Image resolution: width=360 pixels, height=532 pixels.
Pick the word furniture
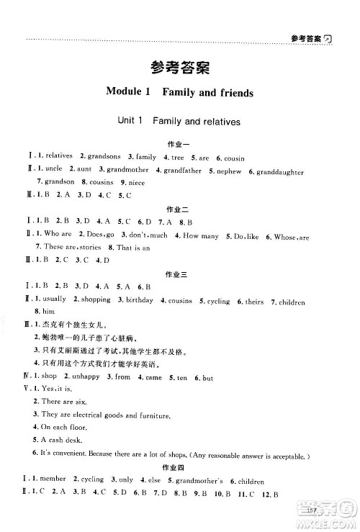(x=151, y=415)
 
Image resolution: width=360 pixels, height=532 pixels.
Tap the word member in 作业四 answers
(x=51, y=479)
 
